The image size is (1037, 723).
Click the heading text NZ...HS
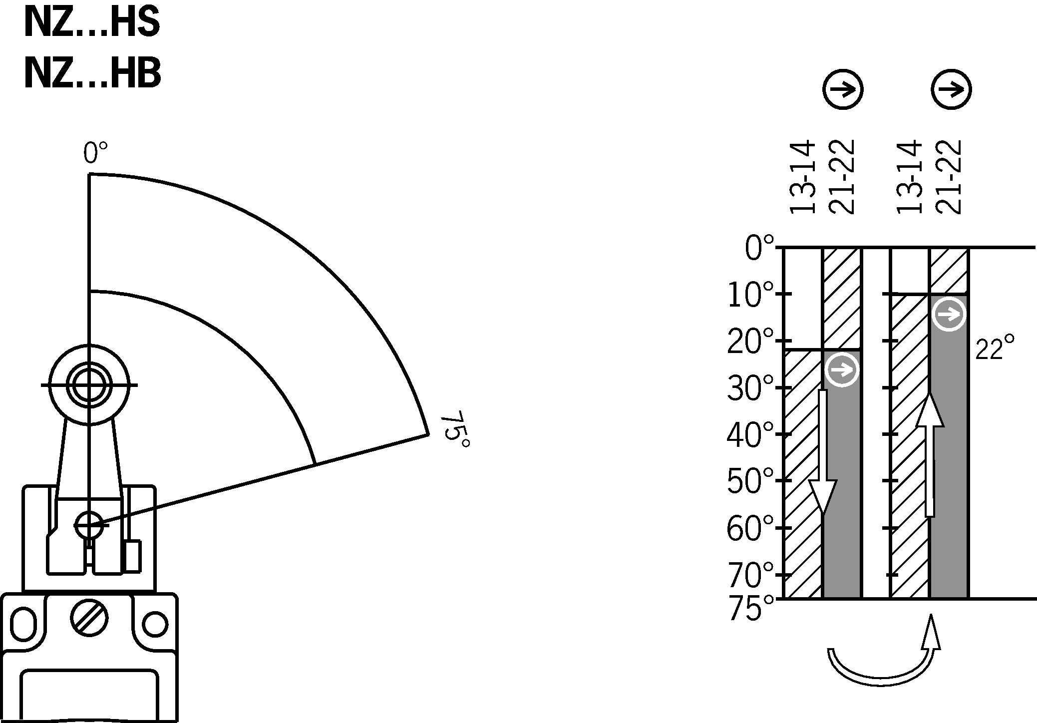[92, 23]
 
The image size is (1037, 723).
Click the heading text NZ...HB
[93, 74]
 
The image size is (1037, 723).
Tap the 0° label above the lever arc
[95, 153]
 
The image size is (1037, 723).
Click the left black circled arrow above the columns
[843, 90]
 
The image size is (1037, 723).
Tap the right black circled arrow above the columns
[951, 90]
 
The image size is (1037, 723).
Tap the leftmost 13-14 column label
[802, 177]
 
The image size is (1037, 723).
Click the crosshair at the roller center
[89, 385]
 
